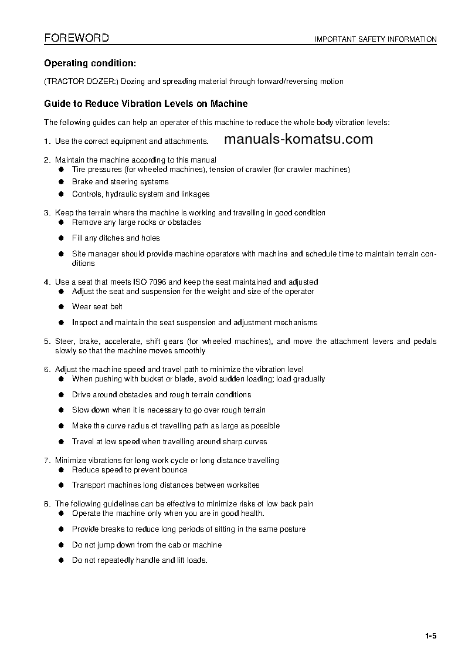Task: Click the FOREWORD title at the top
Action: (x=76, y=38)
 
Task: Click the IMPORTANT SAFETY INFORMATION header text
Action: (x=375, y=39)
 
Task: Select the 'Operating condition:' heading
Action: (x=90, y=63)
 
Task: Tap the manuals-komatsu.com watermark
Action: (x=298, y=139)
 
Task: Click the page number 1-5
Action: (x=431, y=636)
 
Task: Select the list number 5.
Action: (x=46, y=341)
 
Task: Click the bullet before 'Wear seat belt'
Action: (x=60, y=306)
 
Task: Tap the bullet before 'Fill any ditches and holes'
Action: (x=60, y=238)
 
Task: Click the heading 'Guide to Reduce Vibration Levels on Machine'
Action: (x=146, y=104)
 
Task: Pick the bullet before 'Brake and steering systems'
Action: (x=60, y=181)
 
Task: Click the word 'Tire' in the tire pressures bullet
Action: (x=79, y=169)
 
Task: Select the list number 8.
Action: (x=46, y=503)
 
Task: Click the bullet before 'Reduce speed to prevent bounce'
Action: (x=60, y=469)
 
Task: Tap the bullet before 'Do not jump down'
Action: (x=60, y=545)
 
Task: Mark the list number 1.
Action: (x=46, y=141)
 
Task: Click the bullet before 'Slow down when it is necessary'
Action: (x=60, y=410)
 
